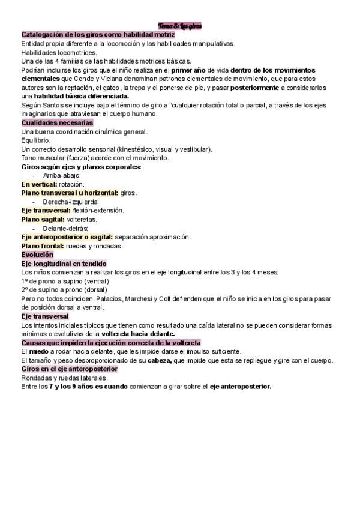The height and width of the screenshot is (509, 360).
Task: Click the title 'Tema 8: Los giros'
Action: click(x=180, y=26)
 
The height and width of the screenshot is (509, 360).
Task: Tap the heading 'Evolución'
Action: click(x=37, y=254)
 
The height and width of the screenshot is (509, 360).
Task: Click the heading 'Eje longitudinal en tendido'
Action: click(x=64, y=264)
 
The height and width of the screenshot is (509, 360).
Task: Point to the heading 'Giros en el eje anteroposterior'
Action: click(x=69, y=369)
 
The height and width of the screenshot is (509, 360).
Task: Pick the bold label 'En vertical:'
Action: click(x=39, y=184)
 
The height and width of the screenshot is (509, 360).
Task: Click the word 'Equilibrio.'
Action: click(x=35, y=140)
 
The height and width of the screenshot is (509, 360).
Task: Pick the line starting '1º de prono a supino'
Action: click(x=65, y=281)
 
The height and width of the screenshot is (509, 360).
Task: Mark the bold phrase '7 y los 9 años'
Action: click(x=70, y=387)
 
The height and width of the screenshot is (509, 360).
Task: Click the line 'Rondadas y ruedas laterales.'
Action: click(x=64, y=378)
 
